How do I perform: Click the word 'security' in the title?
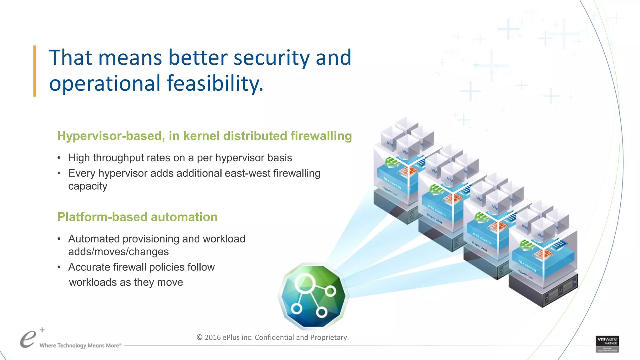271,58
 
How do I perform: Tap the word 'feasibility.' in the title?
215,84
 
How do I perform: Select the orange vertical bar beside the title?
35,71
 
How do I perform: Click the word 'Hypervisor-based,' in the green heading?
111,136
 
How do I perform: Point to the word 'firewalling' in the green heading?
321,136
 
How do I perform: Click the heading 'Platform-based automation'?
137,217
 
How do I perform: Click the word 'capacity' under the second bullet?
88,186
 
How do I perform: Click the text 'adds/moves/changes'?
118,252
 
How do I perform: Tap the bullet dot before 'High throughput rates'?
59,158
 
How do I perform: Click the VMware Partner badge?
607,344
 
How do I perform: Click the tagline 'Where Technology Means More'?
80,346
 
